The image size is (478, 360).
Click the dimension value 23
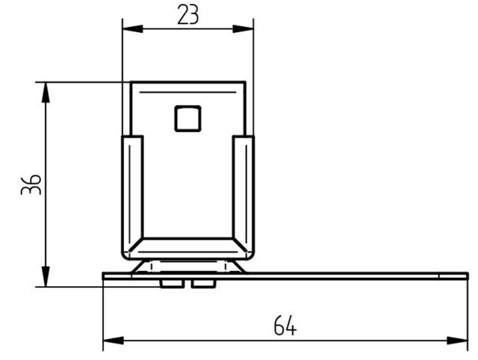(188, 14)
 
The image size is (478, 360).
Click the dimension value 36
(31, 184)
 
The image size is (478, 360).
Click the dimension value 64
(285, 326)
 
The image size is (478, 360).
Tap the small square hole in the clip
(187, 119)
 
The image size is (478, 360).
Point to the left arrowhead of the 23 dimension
(133, 29)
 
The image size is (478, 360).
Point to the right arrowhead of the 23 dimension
(243, 29)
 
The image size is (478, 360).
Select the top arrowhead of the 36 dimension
(46, 93)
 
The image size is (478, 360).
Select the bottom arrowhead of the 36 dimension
(46, 276)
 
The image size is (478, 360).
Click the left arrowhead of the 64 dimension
(114, 341)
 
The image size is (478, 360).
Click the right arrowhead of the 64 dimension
(457, 341)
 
